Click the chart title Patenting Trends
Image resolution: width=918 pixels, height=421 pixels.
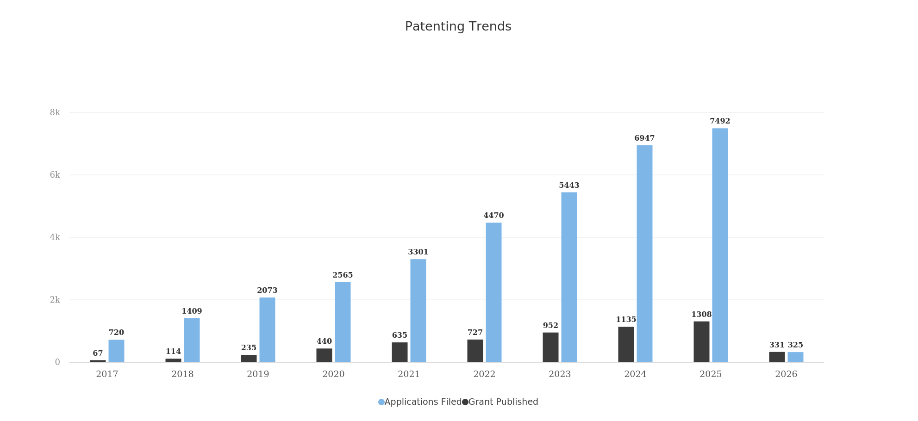pos(458,27)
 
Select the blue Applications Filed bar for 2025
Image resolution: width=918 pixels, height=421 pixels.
pos(720,245)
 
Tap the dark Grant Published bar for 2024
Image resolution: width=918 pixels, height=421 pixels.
pos(626,345)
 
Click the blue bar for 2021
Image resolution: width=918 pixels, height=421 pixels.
pos(418,310)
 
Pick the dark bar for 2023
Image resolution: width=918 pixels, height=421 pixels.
pos(550,347)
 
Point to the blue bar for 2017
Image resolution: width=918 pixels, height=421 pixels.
pos(116,351)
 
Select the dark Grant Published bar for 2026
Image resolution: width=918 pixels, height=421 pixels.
pos(777,357)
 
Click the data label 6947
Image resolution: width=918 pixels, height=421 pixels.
pos(644,138)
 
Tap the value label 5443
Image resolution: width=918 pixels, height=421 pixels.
pos(569,186)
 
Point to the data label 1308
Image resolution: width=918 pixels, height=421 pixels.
pos(701,315)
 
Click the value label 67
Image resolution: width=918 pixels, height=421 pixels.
pos(98,353)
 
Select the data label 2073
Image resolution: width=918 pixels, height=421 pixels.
pos(267,291)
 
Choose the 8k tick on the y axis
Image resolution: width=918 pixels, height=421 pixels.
pos(55,112)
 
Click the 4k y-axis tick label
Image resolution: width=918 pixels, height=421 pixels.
pos(55,237)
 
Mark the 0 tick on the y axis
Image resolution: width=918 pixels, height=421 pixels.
pos(57,362)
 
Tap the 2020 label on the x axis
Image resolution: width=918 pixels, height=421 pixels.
pos(333,374)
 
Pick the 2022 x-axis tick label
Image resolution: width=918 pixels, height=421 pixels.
pos(484,374)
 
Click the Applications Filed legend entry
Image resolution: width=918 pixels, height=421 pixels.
pos(420,402)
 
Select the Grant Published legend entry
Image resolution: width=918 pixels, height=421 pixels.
pos(500,402)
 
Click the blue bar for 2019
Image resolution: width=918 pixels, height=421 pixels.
pos(267,330)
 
